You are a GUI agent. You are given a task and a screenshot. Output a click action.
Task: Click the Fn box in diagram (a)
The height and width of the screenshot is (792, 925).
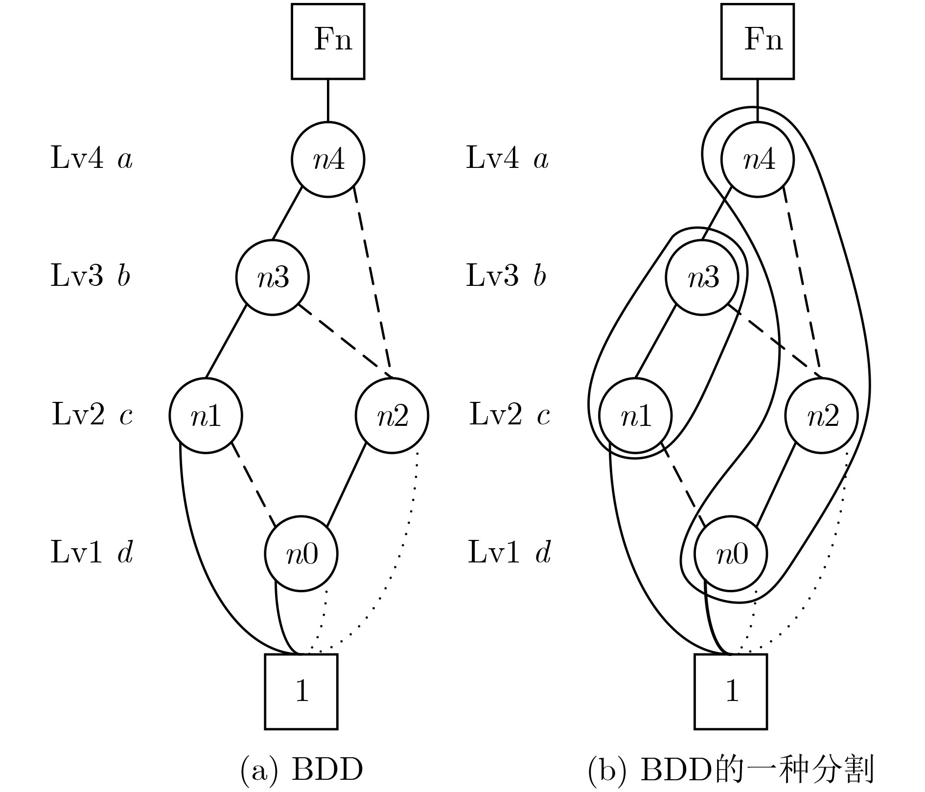coord(328,41)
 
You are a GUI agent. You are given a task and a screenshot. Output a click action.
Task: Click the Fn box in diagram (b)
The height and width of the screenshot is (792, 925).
coord(758,41)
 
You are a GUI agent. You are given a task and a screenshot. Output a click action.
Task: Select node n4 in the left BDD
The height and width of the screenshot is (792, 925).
coord(328,160)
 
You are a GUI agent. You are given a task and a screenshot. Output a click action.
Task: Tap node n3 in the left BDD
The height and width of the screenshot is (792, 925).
coord(273,278)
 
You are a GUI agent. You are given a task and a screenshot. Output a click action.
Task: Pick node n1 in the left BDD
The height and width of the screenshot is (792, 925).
coord(206,416)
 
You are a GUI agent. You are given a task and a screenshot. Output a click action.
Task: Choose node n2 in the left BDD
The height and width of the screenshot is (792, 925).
coord(392,416)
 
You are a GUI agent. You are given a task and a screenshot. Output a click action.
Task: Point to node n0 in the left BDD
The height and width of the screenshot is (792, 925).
coord(301,554)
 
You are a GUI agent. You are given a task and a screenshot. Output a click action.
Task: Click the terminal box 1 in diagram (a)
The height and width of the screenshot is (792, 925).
coord(301,692)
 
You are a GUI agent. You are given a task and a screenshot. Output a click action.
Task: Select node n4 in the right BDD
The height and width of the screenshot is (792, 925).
coord(758,160)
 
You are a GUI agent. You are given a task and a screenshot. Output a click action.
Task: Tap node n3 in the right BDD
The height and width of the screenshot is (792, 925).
coord(702,278)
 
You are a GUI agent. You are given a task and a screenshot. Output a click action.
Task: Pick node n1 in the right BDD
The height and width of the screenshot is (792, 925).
coord(636,416)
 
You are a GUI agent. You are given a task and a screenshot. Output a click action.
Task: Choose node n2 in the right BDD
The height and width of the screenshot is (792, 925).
coord(821,416)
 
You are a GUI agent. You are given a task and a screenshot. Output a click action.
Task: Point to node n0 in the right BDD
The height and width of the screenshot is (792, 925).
coord(731,554)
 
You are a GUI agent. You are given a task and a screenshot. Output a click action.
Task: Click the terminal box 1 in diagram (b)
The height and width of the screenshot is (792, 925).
coord(731,692)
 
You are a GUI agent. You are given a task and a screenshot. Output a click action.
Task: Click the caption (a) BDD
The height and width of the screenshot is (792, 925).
coord(302,770)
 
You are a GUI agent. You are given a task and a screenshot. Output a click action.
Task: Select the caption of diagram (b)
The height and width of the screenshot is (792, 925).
coord(731,770)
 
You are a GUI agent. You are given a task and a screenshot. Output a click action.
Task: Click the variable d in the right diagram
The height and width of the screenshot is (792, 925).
coord(543,553)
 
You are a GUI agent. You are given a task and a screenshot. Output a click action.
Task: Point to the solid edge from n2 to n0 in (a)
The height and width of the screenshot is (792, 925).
coord(347,485)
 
